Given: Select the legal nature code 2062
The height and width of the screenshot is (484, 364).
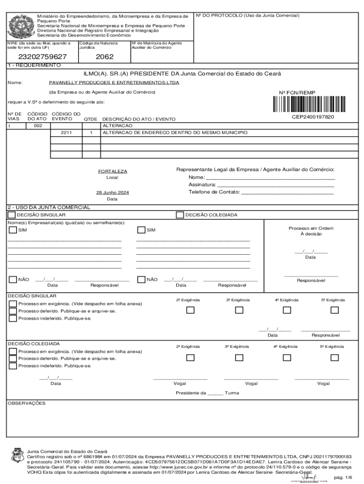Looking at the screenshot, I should (x=104, y=57).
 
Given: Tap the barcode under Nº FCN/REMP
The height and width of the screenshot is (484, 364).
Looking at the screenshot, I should (x=312, y=104).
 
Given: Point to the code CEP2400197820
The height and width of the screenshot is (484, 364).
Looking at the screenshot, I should (x=312, y=117).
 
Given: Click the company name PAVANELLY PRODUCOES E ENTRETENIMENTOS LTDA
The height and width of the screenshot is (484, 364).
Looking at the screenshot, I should (x=114, y=82).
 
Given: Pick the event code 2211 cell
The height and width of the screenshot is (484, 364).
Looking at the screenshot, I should (x=66, y=133).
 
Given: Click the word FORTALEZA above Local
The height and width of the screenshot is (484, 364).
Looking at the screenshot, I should (x=112, y=171).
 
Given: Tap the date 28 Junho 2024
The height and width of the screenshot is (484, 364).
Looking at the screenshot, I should (x=112, y=193).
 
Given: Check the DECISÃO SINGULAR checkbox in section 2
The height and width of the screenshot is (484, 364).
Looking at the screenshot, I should (x=11, y=215).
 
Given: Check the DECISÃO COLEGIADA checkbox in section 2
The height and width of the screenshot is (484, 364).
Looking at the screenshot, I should (x=180, y=215).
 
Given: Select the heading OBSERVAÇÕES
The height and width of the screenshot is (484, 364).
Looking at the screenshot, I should (x=26, y=403).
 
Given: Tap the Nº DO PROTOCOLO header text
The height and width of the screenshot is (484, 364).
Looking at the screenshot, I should (x=248, y=16).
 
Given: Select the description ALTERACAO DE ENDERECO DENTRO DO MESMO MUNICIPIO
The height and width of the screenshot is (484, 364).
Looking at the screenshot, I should (x=175, y=133).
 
